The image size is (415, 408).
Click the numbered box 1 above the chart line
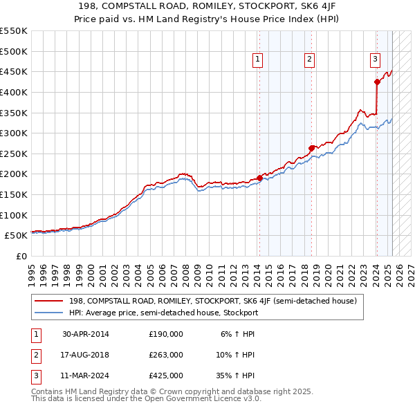click(257, 60)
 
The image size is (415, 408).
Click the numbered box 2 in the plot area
click(309, 60)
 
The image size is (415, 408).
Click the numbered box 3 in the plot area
click(375, 59)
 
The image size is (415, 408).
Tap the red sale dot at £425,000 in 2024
click(377, 82)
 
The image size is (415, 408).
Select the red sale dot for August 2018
click(311, 147)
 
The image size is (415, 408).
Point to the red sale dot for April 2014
click(259, 178)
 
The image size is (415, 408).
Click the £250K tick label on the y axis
click(14, 154)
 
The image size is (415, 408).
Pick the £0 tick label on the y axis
click(22, 256)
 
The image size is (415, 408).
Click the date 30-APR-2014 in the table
click(86, 334)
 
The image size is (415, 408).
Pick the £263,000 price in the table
click(166, 355)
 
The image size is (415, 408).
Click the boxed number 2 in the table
click(34, 355)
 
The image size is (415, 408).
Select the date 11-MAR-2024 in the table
click(86, 375)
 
